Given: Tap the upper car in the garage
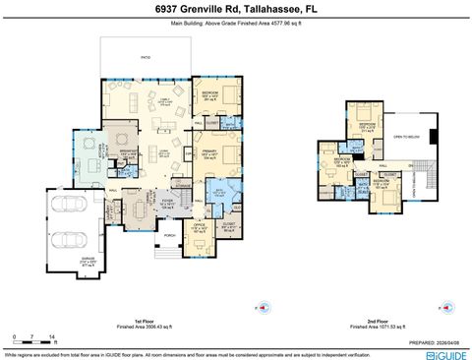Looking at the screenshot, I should [x=67, y=207].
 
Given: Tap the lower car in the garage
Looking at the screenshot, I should [x=67, y=238].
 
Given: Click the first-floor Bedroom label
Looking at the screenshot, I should [x=209, y=93].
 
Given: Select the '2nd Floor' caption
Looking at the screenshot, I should [x=378, y=321].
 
